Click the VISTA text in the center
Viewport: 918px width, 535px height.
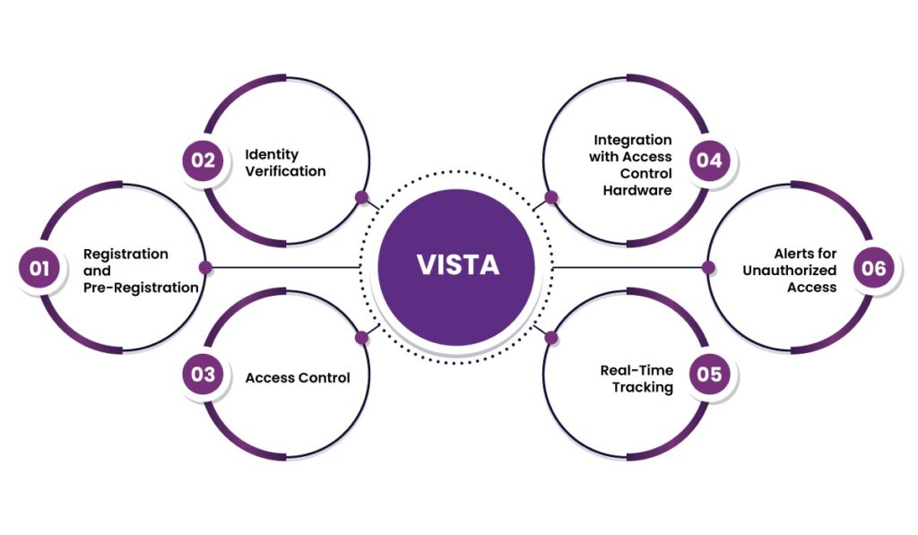tap(458, 266)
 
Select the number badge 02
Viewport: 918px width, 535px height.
tap(204, 160)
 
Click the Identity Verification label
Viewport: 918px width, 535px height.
tap(285, 162)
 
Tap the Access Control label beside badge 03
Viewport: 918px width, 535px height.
tap(298, 377)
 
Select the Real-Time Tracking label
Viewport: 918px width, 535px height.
tap(637, 378)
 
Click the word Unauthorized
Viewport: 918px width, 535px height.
tap(789, 271)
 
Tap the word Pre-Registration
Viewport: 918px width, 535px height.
tap(141, 288)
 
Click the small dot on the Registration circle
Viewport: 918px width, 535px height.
tap(205, 267)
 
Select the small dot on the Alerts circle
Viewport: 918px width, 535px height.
tap(708, 267)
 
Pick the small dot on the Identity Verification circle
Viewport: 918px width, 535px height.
tap(362, 197)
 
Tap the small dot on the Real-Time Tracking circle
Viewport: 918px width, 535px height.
tap(550, 338)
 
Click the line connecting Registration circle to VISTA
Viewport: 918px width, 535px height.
tap(287, 267)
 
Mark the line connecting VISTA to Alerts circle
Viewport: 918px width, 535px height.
tap(628, 267)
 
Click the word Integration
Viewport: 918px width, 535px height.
tap(632, 140)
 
